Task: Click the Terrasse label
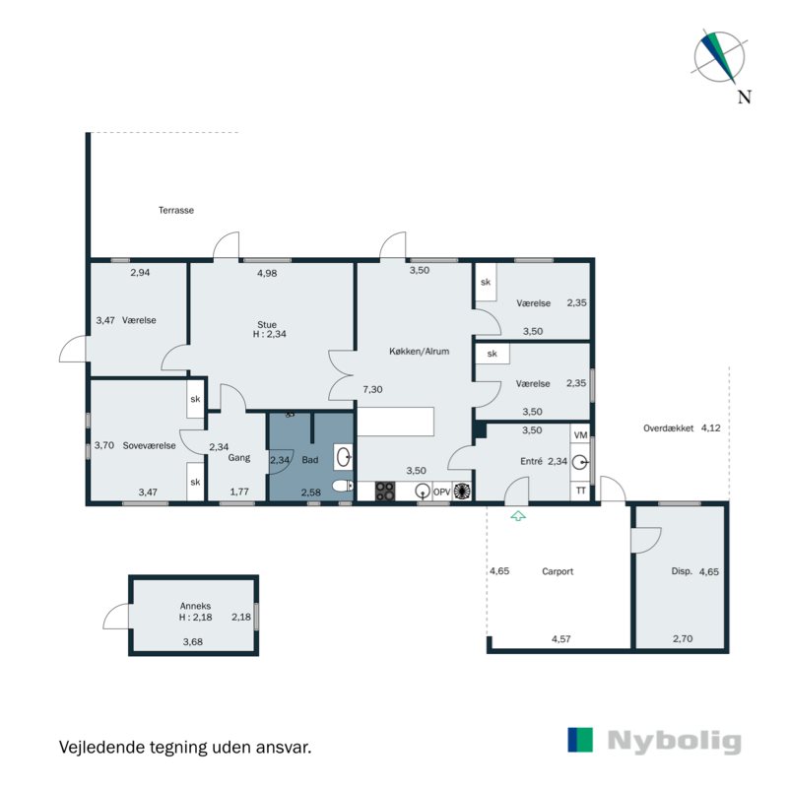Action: click(176, 210)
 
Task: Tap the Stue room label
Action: click(267, 325)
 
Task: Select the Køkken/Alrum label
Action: click(420, 352)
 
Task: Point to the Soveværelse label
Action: click(150, 446)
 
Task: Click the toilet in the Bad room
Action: click(343, 486)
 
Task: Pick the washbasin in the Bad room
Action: click(344, 457)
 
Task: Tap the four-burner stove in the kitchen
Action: click(385, 491)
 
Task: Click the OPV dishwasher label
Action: click(441, 492)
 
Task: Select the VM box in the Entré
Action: click(580, 435)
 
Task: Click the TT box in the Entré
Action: click(580, 491)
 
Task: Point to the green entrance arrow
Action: click(518, 515)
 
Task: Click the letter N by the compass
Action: click(745, 97)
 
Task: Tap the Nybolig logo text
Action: click(674, 742)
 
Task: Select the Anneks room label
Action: click(195, 606)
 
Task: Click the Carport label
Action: click(558, 571)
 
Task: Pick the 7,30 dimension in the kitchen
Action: click(373, 389)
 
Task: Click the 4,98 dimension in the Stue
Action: click(267, 274)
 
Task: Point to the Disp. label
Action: click(682, 571)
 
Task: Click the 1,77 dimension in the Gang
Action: click(239, 492)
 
